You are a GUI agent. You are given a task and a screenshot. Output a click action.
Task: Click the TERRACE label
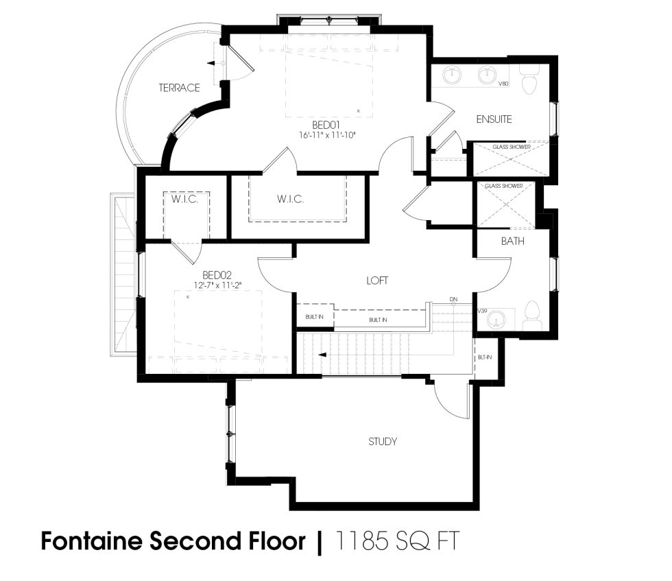(x=179, y=88)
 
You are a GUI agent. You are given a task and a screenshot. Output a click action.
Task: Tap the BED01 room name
(x=327, y=125)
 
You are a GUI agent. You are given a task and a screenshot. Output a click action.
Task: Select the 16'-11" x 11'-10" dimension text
(x=327, y=135)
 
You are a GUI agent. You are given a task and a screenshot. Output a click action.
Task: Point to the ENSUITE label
(x=494, y=119)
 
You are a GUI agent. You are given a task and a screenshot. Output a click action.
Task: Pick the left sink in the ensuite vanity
(x=453, y=73)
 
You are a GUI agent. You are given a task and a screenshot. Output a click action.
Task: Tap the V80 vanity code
(x=503, y=84)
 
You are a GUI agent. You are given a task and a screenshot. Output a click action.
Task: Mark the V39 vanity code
(x=483, y=311)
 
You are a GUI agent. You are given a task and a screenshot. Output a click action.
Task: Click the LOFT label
(x=377, y=281)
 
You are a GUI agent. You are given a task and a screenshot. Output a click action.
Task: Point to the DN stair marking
(x=453, y=300)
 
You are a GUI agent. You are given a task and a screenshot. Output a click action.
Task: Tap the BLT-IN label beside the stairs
(x=483, y=357)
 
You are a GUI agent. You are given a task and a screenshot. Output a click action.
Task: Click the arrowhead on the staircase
(x=321, y=355)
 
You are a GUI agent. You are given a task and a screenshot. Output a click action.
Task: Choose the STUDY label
(x=383, y=441)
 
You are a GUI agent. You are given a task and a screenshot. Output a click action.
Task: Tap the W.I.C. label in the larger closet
(x=290, y=199)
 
